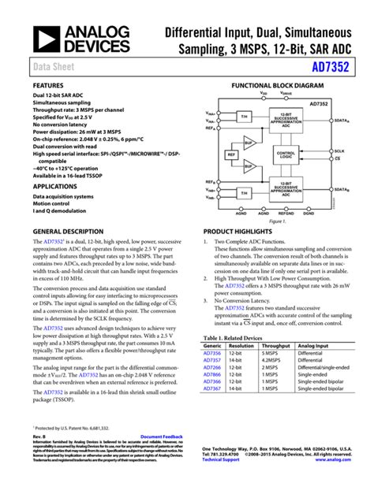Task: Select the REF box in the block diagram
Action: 232,155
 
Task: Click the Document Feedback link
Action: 161,436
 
